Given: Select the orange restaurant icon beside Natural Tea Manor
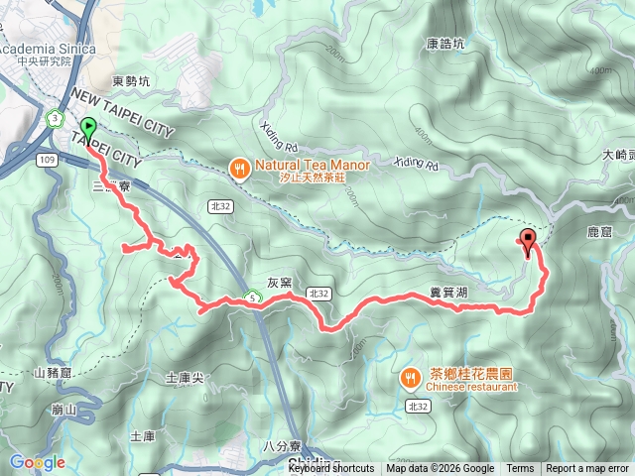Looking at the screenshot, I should point(239,170).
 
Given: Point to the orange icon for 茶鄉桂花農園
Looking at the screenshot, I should point(411,378).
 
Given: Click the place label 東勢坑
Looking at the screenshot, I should point(131,82).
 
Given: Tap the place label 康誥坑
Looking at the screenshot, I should point(445,44).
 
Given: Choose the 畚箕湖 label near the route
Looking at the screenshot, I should point(448,294).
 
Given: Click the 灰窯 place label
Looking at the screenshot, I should point(279,282).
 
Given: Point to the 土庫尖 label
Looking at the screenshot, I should point(185,378).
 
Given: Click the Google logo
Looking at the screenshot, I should point(38,462).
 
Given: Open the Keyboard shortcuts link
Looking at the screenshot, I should point(331,469).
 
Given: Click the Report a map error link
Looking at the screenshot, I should point(587,469).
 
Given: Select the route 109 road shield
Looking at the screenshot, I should point(46,159).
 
